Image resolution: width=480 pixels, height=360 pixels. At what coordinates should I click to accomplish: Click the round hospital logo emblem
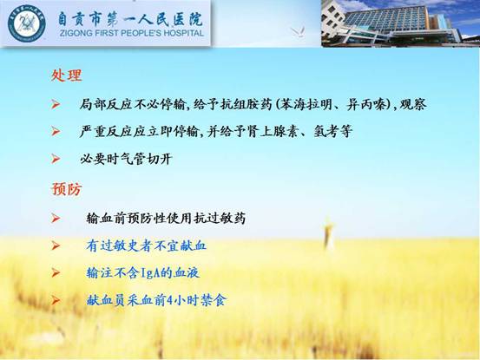click(27, 23)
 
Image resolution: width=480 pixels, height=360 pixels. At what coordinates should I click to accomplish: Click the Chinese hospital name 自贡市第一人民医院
click(131, 19)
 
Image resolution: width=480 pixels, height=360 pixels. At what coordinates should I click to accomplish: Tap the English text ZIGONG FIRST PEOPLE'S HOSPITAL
click(132, 33)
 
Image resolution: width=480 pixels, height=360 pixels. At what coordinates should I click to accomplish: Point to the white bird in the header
click(299, 31)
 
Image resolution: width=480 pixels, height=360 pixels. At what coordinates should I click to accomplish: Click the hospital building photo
click(400, 23)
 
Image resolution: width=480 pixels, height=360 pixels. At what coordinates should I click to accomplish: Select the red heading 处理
click(67, 75)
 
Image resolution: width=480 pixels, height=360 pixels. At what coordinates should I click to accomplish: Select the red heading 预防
click(67, 189)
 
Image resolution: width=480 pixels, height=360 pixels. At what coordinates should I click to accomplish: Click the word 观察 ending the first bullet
click(413, 105)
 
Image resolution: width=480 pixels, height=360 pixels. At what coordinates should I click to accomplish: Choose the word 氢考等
click(332, 132)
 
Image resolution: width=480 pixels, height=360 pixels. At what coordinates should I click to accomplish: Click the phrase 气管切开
click(146, 159)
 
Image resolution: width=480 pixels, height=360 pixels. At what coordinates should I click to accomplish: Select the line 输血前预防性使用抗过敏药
click(166, 219)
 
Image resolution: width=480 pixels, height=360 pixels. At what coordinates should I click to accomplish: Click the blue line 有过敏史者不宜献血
click(147, 245)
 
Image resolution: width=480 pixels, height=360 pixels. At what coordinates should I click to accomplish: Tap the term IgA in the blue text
click(151, 273)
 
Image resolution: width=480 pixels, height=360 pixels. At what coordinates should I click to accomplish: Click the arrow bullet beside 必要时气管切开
click(56, 159)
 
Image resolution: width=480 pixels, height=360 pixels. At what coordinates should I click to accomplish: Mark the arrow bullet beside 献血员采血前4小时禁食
click(56, 300)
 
